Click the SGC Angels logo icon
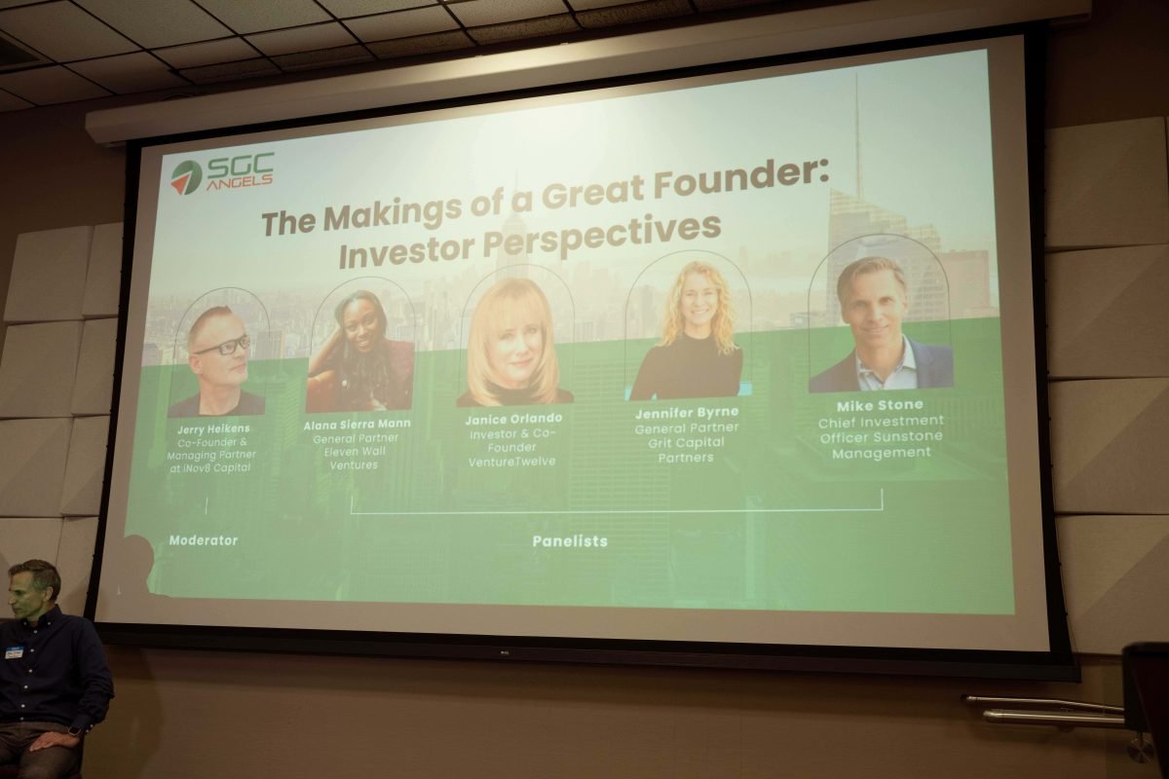[x=186, y=177]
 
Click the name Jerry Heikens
[x=213, y=428]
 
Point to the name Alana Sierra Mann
[x=357, y=425]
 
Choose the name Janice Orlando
[x=513, y=419]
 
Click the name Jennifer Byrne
[x=687, y=413]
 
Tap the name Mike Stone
[x=880, y=405]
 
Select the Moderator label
[x=204, y=540]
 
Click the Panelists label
[x=570, y=541]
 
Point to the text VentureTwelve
[x=511, y=462]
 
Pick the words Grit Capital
[x=686, y=443]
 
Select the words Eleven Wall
[x=355, y=452]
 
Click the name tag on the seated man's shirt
[x=14, y=654]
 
